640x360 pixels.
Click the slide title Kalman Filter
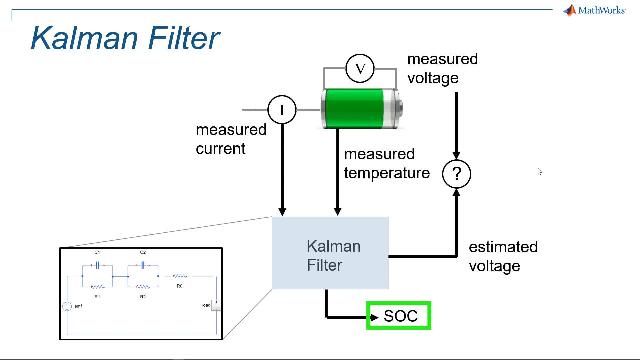[x=124, y=38]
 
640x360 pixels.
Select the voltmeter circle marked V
[x=360, y=68]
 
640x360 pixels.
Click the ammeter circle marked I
[x=282, y=109]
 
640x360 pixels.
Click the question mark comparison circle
[x=457, y=174]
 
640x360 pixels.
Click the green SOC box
[x=398, y=317]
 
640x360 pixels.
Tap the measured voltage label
[x=442, y=68]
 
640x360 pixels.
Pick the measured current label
[x=231, y=139]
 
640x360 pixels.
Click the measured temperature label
[x=386, y=163]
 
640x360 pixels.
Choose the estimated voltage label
[x=502, y=256]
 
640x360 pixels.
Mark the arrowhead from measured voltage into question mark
[x=457, y=153]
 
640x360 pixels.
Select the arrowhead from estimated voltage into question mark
[x=457, y=195]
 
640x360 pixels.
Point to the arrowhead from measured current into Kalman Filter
[x=282, y=212]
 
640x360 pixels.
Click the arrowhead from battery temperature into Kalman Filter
[x=338, y=212]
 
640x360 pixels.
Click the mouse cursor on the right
[x=539, y=172]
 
